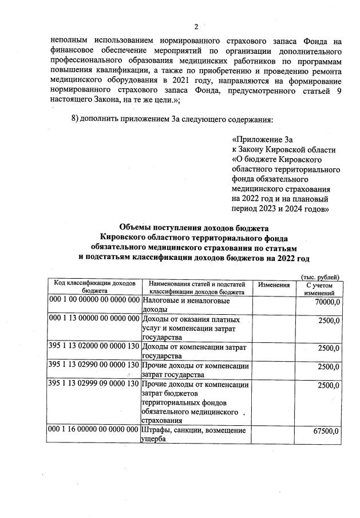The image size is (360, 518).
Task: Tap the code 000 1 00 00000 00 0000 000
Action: (x=94, y=300)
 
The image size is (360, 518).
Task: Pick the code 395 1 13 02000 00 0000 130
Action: (x=94, y=347)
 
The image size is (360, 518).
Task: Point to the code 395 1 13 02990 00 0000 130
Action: (x=94, y=366)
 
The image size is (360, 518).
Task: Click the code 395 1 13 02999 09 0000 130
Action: (x=94, y=384)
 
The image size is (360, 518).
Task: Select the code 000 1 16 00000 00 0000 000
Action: (x=94, y=430)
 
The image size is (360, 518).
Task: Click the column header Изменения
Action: (x=274, y=284)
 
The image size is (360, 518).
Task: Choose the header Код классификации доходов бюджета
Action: (x=94, y=287)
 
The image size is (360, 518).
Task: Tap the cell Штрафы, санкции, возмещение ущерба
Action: (x=193, y=434)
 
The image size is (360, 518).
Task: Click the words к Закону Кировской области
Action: (x=284, y=150)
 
